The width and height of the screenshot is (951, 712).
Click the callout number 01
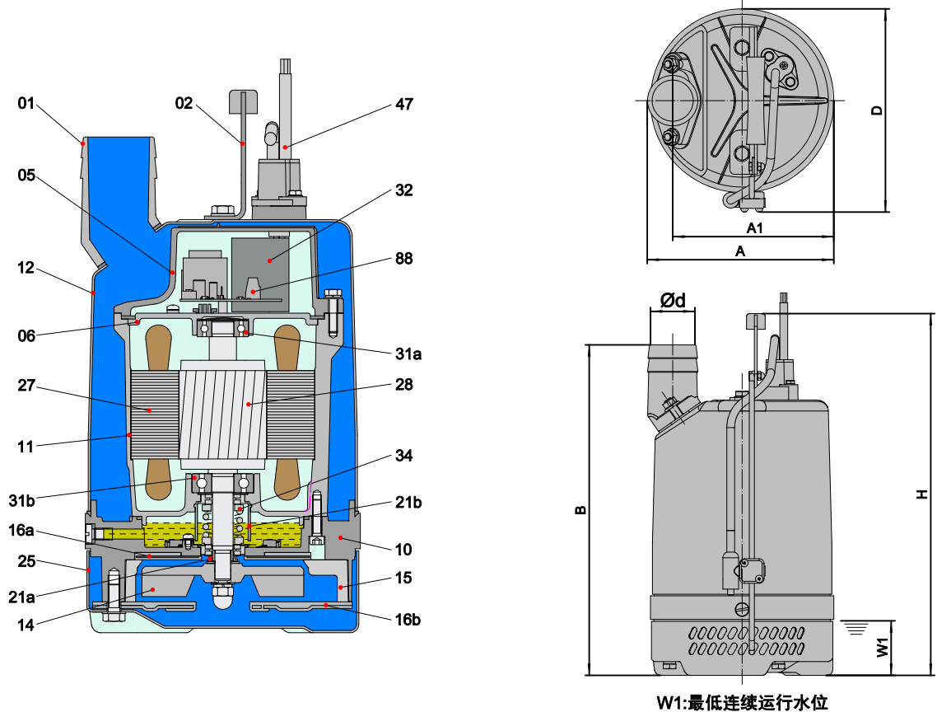click(x=27, y=104)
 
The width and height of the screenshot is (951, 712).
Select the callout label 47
click(x=404, y=104)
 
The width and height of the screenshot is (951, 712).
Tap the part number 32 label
click(x=404, y=190)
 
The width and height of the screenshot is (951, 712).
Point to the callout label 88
click(x=404, y=259)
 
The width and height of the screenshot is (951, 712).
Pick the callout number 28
click(x=404, y=385)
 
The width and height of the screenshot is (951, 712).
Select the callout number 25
click(x=26, y=562)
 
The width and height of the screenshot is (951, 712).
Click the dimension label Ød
click(x=674, y=300)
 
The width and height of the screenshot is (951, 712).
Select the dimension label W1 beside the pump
click(x=882, y=647)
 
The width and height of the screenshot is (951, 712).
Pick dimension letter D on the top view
click(x=878, y=110)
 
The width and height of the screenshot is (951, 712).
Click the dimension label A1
click(x=755, y=227)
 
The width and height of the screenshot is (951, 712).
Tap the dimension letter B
click(x=580, y=510)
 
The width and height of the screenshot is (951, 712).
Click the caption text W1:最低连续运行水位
click(x=741, y=702)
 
